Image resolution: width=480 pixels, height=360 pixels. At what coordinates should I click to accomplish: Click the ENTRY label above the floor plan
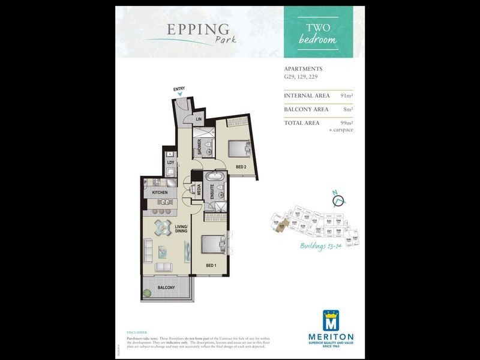(x=179, y=89)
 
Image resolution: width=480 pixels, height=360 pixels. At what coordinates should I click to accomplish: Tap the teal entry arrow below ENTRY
(x=179, y=95)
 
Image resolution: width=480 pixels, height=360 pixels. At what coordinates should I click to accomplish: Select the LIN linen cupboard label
(x=199, y=119)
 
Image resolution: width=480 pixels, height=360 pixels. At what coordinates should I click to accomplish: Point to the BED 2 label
(x=241, y=166)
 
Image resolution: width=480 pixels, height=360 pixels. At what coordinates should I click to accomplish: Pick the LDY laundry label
(x=170, y=162)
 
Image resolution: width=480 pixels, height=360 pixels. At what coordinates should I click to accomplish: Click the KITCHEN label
(x=160, y=193)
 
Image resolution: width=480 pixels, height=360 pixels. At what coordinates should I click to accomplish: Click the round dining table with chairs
(x=163, y=227)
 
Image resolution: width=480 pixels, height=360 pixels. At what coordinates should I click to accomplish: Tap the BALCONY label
(x=166, y=288)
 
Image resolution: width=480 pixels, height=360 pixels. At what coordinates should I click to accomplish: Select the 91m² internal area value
(x=346, y=95)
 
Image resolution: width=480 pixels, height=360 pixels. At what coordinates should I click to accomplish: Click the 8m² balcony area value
(x=348, y=109)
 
